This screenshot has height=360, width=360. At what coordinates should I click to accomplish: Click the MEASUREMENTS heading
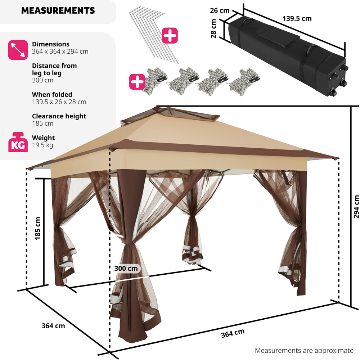58,10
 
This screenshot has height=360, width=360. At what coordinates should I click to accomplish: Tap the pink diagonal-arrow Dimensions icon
18,50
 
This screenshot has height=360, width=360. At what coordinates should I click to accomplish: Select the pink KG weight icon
18,142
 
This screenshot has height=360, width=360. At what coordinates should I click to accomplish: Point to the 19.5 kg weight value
42,145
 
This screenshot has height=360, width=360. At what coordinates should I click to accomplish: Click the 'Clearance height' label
59,116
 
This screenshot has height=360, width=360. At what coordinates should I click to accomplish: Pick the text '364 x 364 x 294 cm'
60,51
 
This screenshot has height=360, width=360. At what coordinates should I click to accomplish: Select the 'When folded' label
52,94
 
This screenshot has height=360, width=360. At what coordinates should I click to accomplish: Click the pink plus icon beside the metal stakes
170,36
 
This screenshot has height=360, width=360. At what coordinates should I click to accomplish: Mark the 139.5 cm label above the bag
297,18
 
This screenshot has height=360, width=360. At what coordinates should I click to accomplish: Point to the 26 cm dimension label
220,10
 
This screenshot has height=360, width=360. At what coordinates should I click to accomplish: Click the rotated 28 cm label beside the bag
213,29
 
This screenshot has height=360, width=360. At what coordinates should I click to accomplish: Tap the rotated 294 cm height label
356,207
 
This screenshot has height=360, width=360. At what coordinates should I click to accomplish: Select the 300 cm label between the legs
126,268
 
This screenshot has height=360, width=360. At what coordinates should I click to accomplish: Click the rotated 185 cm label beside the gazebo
37,228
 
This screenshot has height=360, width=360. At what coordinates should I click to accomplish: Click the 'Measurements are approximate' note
304,350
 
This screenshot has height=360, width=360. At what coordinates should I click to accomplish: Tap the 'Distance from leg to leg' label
54,69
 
